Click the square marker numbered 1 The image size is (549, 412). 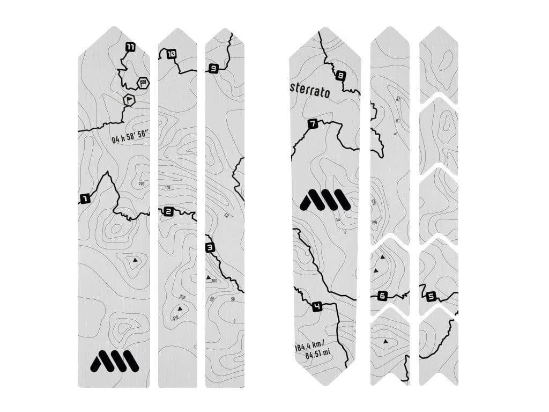[84, 199]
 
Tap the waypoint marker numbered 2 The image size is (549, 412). [169, 212]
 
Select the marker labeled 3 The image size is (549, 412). [210, 247]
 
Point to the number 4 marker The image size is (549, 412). [317, 307]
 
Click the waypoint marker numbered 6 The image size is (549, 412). [382, 296]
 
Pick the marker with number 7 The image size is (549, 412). [313, 124]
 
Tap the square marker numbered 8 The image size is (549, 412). [340, 76]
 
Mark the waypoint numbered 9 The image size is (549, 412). [213, 68]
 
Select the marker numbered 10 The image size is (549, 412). [171, 54]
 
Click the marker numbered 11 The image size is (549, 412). [130, 47]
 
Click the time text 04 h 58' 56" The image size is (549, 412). [130, 138]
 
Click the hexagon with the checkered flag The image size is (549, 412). [143, 83]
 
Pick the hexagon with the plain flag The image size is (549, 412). [129, 100]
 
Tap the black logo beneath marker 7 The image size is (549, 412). [325, 201]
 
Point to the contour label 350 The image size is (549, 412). [176, 318]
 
